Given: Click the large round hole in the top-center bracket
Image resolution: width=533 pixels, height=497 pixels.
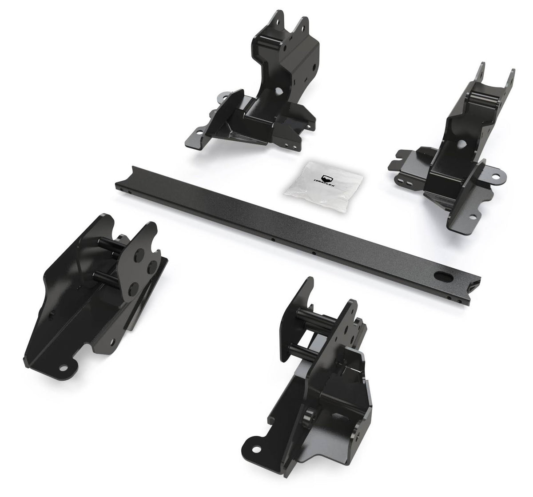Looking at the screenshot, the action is pos(279,91).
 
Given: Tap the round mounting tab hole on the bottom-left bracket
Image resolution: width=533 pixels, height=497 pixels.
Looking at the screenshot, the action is pos(63,368).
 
